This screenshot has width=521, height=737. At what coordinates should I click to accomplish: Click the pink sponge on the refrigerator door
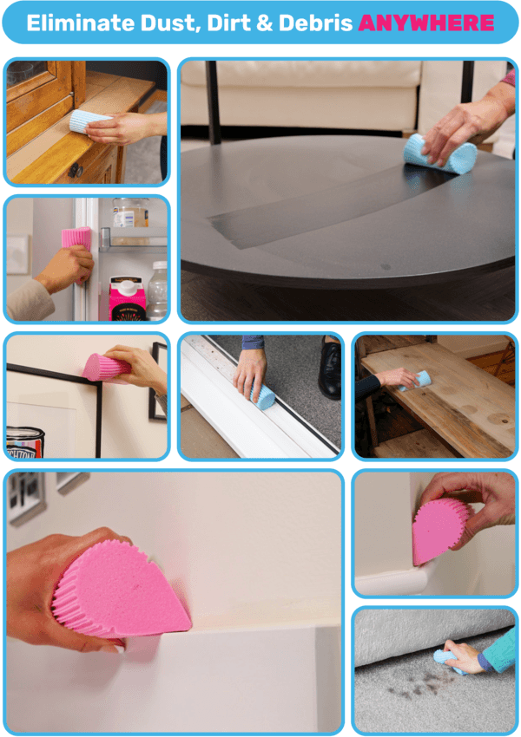click(x=76, y=238)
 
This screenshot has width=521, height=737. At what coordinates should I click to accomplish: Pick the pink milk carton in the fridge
click(x=126, y=298)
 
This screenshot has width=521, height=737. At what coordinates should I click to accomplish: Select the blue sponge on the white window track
click(x=263, y=397)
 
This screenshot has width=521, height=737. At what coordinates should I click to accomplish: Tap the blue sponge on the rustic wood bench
click(x=420, y=379)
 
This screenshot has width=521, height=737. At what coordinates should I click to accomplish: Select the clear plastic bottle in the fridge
click(x=158, y=290)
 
